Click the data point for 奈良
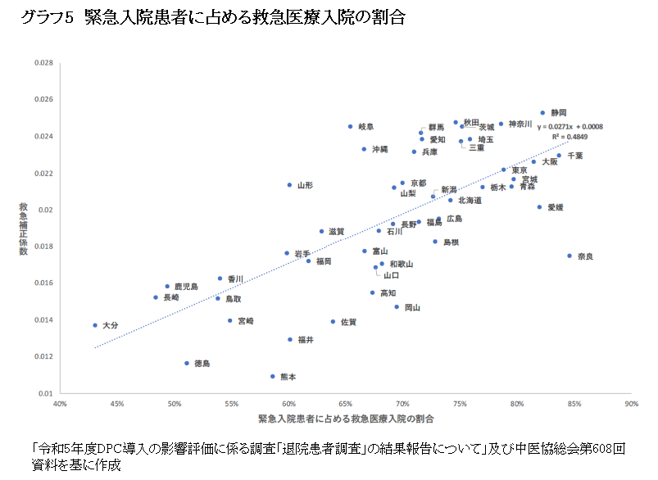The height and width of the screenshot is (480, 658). tap(570, 256)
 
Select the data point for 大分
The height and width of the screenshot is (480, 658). tap(95, 325)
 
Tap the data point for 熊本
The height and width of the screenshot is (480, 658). tap(273, 377)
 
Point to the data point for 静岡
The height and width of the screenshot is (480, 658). tap(542, 113)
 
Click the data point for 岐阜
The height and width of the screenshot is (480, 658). tap(350, 127)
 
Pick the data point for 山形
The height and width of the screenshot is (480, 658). tap(289, 185)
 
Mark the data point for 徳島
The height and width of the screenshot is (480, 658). tap(187, 363)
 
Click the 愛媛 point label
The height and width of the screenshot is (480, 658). tap(556, 207)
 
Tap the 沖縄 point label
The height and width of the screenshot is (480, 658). tap(380, 149)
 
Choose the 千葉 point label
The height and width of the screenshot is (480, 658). tap(575, 155)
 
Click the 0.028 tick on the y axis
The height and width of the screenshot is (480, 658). tap(43, 63)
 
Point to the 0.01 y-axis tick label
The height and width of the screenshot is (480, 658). tap(46, 393)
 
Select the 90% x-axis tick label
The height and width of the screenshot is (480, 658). tap(631, 404)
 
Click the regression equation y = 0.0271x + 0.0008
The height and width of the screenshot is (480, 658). tap(570, 127)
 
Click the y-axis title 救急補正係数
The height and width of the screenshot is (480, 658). tap(24, 228)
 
